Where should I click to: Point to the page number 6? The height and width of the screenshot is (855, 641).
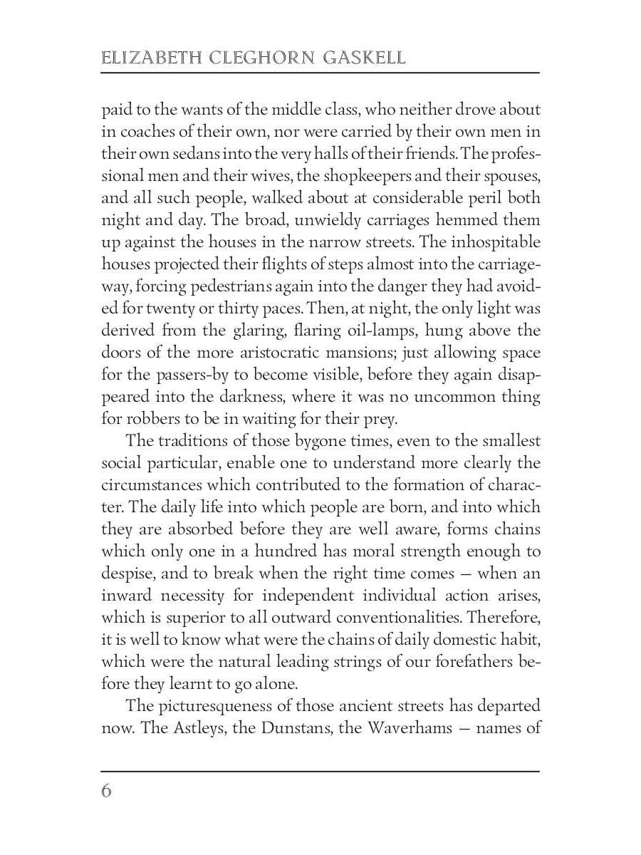pyautogui.click(x=107, y=791)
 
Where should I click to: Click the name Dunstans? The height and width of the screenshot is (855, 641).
pyautogui.click(x=281, y=728)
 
